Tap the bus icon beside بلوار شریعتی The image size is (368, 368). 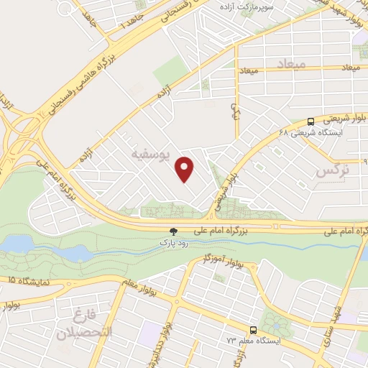coord(310,121)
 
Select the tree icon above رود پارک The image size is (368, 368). coord(172,231)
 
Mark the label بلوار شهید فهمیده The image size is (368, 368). coord(349,16)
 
